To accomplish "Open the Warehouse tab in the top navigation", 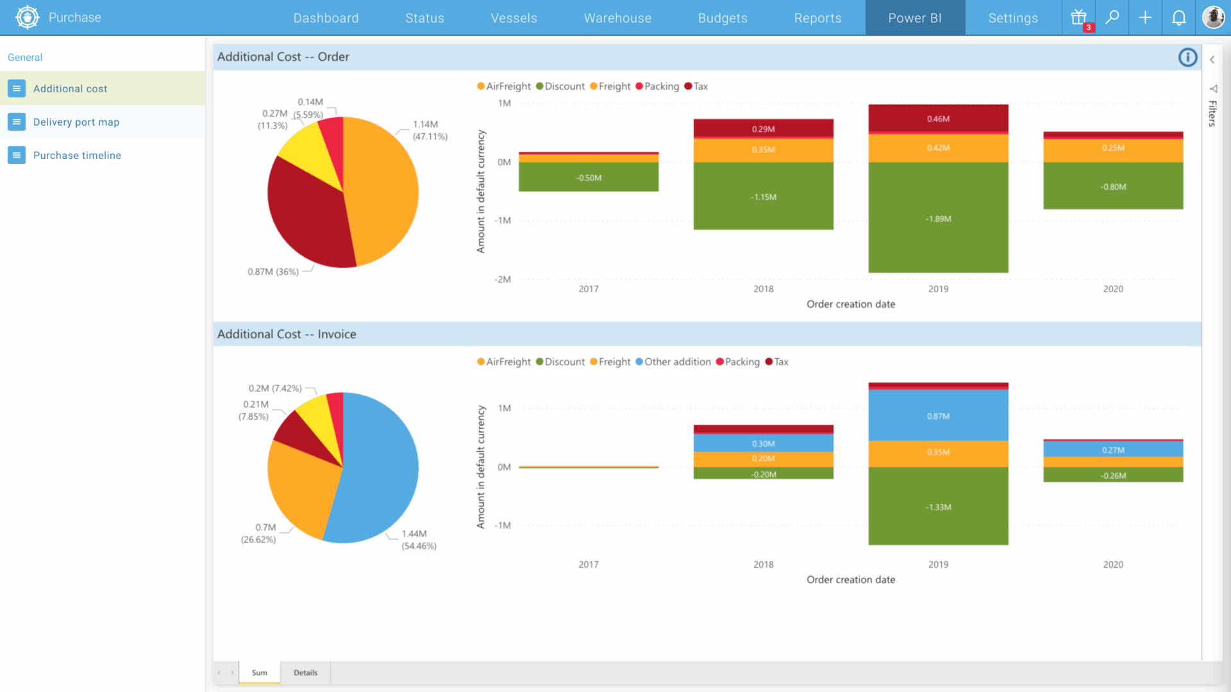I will pyautogui.click(x=617, y=18).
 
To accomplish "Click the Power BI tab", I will pyautogui.click(x=914, y=18).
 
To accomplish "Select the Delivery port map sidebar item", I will pyautogui.click(x=76, y=122).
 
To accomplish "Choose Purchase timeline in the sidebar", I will pyautogui.click(x=77, y=155).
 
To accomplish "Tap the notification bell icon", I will pyautogui.click(x=1178, y=18).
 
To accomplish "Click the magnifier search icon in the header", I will pyautogui.click(x=1112, y=17).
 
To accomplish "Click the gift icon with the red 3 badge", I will pyautogui.click(x=1079, y=17).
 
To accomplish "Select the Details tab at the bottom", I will pyautogui.click(x=305, y=673).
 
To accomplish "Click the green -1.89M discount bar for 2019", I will pyautogui.click(x=938, y=218).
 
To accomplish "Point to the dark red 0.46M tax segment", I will pyautogui.click(x=938, y=119).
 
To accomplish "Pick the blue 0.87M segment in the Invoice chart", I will pyautogui.click(x=938, y=416).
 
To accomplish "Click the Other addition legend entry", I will pyautogui.click(x=673, y=362).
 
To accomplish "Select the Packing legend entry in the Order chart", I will pyautogui.click(x=657, y=86).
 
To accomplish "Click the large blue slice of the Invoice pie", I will pyautogui.click(x=378, y=468).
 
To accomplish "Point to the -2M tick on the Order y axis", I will pyautogui.click(x=503, y=279).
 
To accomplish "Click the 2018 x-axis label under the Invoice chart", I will pyautogui.click(x=763, y=564).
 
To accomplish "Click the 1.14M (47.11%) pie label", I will pyautogui.click(x=430, y=130).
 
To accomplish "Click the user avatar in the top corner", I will pyautogui.click(x=1212, y=17).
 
